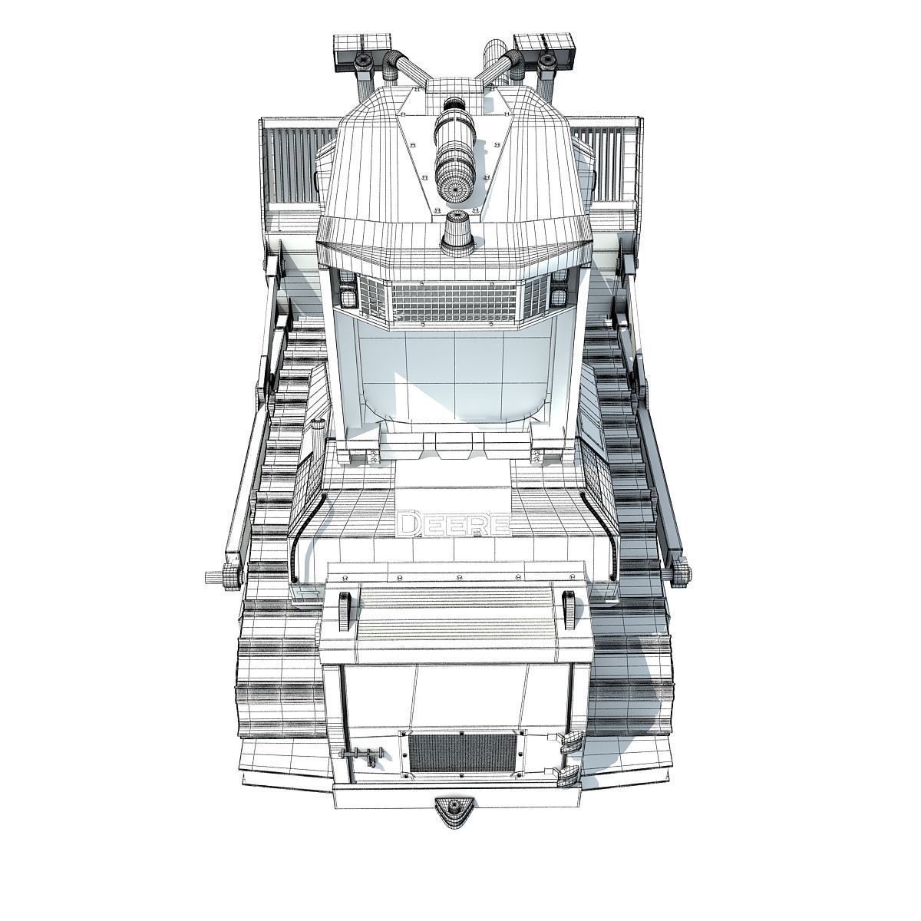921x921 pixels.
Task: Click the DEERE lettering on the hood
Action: [x=453, y=525]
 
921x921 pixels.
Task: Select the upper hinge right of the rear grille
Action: [x=570, y=741]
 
